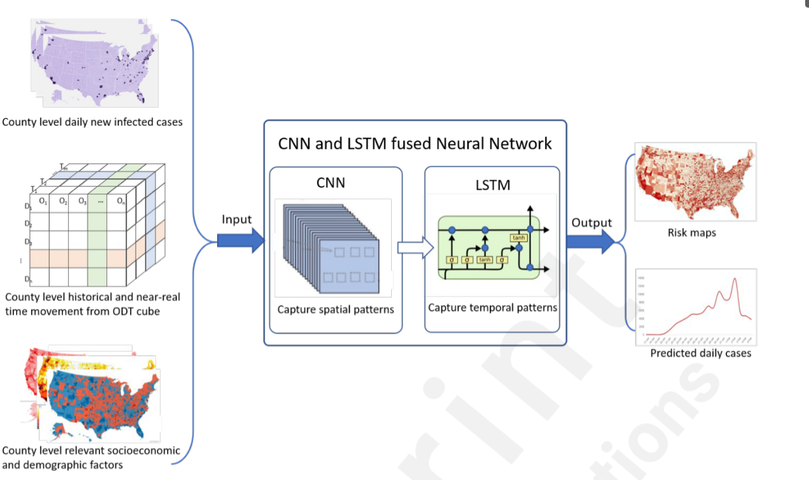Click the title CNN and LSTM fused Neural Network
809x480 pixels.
(x=415, y=143)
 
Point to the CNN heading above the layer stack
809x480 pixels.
(x=331, y=183)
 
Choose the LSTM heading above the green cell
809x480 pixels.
(x=492, y=185)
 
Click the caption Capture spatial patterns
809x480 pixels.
(x=336, y=310)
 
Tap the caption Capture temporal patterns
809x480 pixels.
(x=492, y=307)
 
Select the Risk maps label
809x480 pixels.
(x=692, y=233)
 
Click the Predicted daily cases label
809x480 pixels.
(x=701, y=353)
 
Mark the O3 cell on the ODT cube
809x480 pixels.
(x=82, y=201)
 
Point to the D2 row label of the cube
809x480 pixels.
(x=27, y=224)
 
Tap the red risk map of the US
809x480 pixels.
(x=696, y=181)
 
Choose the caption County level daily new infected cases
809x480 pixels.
(x=92, y=122)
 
